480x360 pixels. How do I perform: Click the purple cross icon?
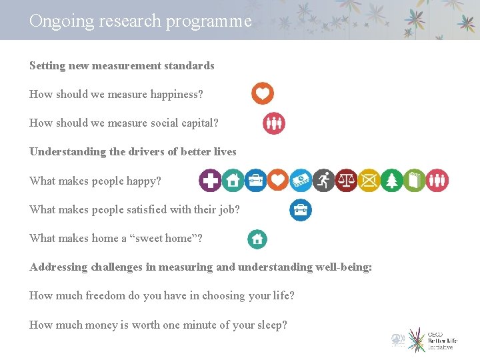(x=211, y=180)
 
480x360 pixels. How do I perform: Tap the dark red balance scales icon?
(x=346, y=180)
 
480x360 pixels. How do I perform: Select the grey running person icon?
(x=323, y=180)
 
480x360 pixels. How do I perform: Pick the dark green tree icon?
(x=391, y=180)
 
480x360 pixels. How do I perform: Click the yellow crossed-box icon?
(x=369, y=180)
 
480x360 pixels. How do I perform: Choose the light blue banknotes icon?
(x=301, y=180)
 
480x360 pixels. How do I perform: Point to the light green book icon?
(x=414, y=180)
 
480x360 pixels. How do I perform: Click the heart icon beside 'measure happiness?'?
(x=263, y=93)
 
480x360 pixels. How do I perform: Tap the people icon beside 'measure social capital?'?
(x=273, y=123)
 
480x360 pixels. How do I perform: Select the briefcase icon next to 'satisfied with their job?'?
(x=301, y=210)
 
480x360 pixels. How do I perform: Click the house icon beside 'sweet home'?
(x=257, y=239)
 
